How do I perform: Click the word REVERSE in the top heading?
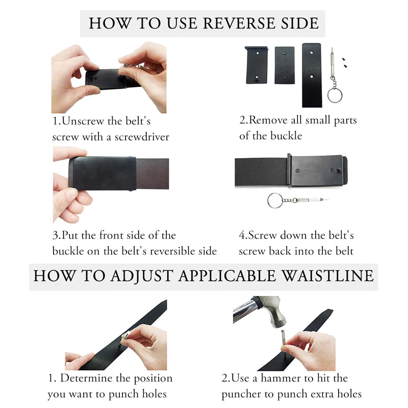[239, 23]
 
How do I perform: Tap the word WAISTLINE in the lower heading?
[328, 276]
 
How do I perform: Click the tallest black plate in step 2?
[312, 75]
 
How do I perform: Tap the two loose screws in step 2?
[345, 63]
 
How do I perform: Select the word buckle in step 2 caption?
[286, 136]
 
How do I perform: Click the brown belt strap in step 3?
[152, 173]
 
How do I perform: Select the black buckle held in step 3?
[104, 173]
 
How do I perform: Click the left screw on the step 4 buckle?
[298, 171]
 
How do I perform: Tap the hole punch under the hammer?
[283, 340]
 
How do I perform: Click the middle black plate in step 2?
[285, 65]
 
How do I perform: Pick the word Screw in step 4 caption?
[263, 235]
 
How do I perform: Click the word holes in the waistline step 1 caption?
[154, 394]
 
